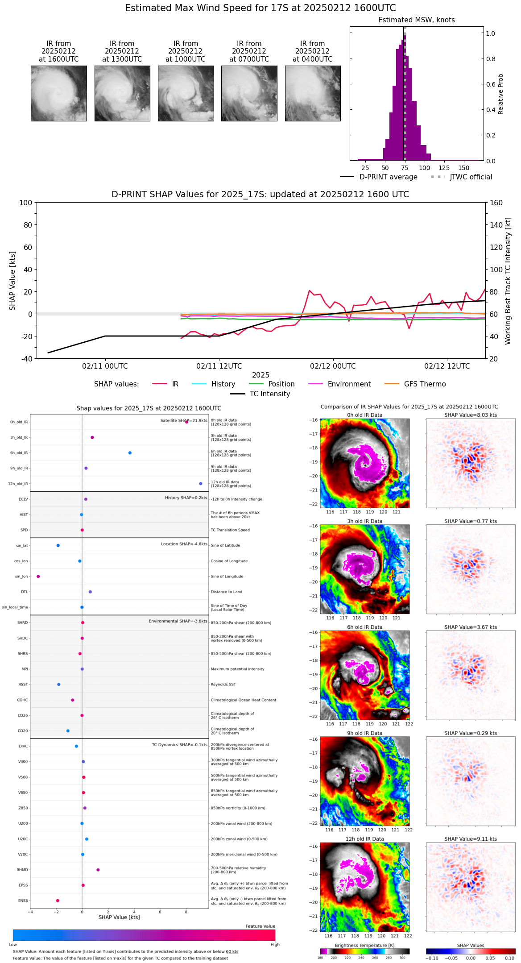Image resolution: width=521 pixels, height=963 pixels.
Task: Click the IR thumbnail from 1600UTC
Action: (x=58, y=93)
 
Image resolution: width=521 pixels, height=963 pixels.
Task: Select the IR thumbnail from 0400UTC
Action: (x=313, y=93)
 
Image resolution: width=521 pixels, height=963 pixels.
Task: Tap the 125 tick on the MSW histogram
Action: (x=444, y=168)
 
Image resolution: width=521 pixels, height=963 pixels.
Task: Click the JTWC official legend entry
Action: (x=471, y=177)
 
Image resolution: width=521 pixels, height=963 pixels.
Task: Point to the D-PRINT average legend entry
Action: (x=388, y=177)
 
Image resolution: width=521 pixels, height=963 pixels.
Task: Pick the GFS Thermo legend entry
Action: (x=425, y=384)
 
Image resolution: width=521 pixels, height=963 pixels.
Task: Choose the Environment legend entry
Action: (x=349, y=384)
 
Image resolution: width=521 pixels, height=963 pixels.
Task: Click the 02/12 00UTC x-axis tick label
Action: (x=333, y=366)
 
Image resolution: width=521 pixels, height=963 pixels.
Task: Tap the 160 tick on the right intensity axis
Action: (x=496, y=203)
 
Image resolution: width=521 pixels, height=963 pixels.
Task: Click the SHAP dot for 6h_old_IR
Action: (x=130, y=453)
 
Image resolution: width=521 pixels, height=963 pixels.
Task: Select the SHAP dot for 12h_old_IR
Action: (x=201, y=484)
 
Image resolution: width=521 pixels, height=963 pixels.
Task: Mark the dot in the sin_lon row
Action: (x=38, y=577)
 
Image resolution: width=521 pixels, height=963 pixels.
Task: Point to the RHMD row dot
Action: (x=98, y=870)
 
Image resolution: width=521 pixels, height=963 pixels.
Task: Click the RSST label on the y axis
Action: (x=23, y=685)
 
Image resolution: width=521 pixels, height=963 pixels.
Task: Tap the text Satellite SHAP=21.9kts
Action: (x=184, y=420)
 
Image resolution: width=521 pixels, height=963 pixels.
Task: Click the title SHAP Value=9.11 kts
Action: (x=470, y=839)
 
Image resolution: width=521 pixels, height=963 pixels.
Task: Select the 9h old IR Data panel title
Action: (x=364, y=733)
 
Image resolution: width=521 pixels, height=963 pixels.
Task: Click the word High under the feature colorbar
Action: (x=275, y=945)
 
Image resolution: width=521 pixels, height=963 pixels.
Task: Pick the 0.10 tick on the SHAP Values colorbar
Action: (x=509, y=958)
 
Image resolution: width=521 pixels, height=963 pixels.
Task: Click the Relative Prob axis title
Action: (x=501, y=94)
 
